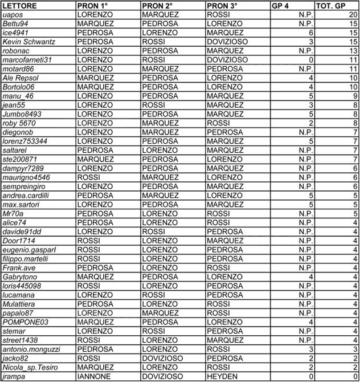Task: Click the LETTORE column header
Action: (x=20, y=5)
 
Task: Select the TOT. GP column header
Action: (x=332, y=5)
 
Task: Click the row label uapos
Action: (x=13, y=14)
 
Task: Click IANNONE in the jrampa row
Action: (x=93, y=376)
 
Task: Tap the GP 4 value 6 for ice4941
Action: (x=311, y=32)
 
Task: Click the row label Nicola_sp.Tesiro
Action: (x=31, y=367)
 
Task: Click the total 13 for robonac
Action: (x=353, y=51)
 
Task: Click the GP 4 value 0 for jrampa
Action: (x=311, y=376)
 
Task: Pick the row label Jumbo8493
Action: (x=22, y=114)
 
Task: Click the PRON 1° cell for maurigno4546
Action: (x=89, y=178)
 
